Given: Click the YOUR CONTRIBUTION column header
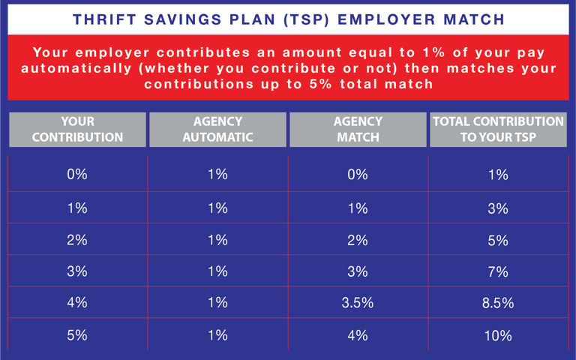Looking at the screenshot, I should coord(77,129).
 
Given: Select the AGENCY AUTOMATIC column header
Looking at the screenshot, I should coord(217,129).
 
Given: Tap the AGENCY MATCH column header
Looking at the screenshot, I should coord(358,129).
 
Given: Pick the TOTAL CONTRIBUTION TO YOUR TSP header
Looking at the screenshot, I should coord(498,129).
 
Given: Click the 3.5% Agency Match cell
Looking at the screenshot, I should coord(358,304).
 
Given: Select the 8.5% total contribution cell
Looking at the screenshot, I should coord(498,304).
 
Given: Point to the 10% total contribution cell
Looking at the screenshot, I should coord(498,335).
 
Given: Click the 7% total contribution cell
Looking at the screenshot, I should coord(498,272).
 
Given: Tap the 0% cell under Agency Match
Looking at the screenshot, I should coord(358,175).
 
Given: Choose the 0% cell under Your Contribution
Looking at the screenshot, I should coord(77,175).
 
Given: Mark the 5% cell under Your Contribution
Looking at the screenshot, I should coord(77,335).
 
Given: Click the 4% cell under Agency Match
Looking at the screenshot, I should coord(358,335).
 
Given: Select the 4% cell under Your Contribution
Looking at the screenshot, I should coord(77,304).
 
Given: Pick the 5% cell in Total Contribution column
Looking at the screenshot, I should coord(498,241).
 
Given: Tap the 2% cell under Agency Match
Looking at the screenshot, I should coord(358,241).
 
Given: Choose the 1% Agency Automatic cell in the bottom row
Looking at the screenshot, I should coord(217,335).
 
